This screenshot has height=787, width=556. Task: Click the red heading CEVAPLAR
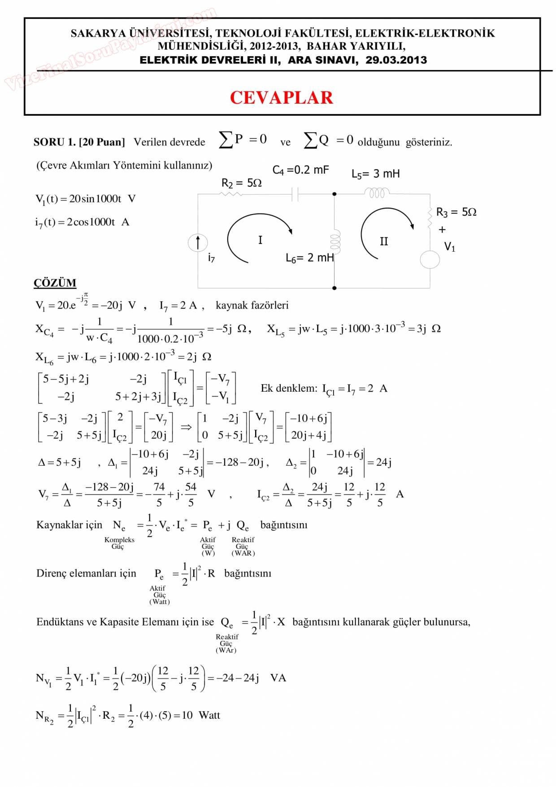click(281, 98)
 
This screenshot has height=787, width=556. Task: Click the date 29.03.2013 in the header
click(396, 60)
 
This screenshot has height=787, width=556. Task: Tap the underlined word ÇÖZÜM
click(55, 283)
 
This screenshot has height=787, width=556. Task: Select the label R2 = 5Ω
click(241, 183)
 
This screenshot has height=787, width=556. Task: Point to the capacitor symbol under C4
click(295, 194)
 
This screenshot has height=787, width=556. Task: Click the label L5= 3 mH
click(375, 174)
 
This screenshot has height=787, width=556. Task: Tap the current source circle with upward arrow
click(198, 243)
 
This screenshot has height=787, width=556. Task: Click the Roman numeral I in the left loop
click(260, 240)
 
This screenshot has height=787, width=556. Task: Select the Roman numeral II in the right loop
click(384, 242)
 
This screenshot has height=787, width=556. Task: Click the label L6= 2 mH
click(309, 258)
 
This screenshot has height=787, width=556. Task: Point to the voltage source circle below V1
click(430, 260)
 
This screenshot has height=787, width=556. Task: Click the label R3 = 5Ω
click(456, 212)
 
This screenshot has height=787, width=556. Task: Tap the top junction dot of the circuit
click(334, 194)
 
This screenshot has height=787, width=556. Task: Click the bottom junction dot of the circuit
click(334, 288)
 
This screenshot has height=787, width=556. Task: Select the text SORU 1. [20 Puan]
click(79, 142)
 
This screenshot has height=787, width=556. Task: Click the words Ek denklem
click(289, 389)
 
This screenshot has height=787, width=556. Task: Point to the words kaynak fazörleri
click(252, 306)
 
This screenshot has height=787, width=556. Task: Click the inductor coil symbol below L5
click(377, 193)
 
